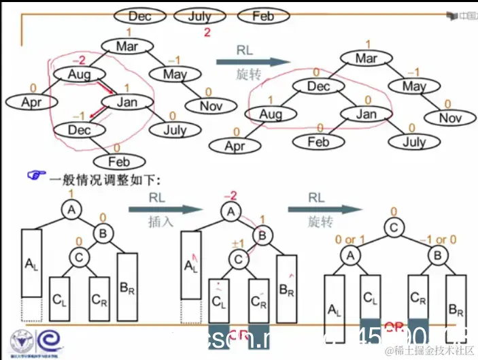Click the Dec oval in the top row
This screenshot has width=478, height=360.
[x=139, y=16]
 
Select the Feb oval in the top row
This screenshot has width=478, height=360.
[x=262, y=16]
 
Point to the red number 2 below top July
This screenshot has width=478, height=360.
[x=206, y=33]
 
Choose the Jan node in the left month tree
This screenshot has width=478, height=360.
[x=127, y=102]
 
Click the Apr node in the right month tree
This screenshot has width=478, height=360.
[x=235, y=146]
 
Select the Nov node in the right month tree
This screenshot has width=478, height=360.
[x=449, y=118]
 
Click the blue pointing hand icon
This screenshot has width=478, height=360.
[x=35, y=176]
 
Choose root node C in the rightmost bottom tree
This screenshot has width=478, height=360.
[x=393, y=228]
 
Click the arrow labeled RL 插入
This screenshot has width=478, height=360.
[x=160, y=210]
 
